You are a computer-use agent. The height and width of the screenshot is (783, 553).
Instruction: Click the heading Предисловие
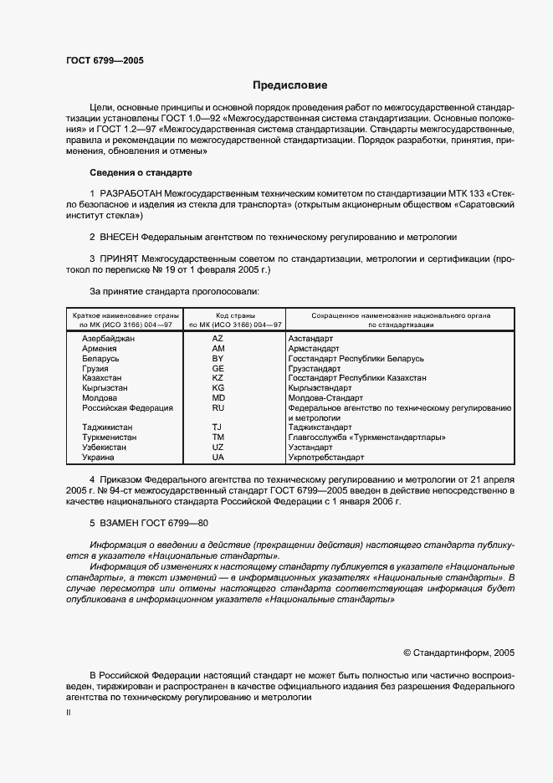click(x=290, y=85)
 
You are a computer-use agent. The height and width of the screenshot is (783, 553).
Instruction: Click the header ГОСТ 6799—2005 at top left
click(x=105, y=61)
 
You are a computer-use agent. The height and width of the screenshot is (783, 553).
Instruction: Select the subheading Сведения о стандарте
click(x=141, y=172)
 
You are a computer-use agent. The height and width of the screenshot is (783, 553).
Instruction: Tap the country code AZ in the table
click(x=218, y=339)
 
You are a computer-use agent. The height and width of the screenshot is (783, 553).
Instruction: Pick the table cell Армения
click(x=100, y=349)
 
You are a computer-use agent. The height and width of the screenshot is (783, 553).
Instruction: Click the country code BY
click(x=218, y=359)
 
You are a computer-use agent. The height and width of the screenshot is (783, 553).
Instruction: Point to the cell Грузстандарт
click(x=314, y=369)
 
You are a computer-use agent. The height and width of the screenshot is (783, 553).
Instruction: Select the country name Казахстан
click(x=103, y=378)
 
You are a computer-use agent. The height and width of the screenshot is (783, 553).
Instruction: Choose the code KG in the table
click(x=218, y=388)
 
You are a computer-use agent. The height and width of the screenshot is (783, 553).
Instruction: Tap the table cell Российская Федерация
click(x=127, y=408)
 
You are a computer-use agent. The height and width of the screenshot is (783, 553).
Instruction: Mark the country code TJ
click(x=218, y=427)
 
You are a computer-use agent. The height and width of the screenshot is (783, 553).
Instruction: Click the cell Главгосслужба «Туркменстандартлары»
click(x=366, y=438)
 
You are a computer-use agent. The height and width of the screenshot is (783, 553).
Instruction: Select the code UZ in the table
click(x=218, y=448)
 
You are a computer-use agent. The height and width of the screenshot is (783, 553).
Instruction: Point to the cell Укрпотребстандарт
click(x=325, y=458)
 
